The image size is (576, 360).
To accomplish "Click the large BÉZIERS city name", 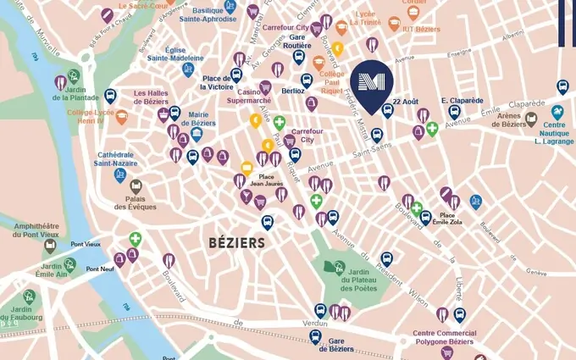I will click(236, 243).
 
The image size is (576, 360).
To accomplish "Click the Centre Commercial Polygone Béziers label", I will click(445, 338).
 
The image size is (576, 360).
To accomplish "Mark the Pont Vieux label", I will click(86, 244).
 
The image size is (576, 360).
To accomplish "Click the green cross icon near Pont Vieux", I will click(135, 240).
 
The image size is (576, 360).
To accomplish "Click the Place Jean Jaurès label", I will click(267, 180).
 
